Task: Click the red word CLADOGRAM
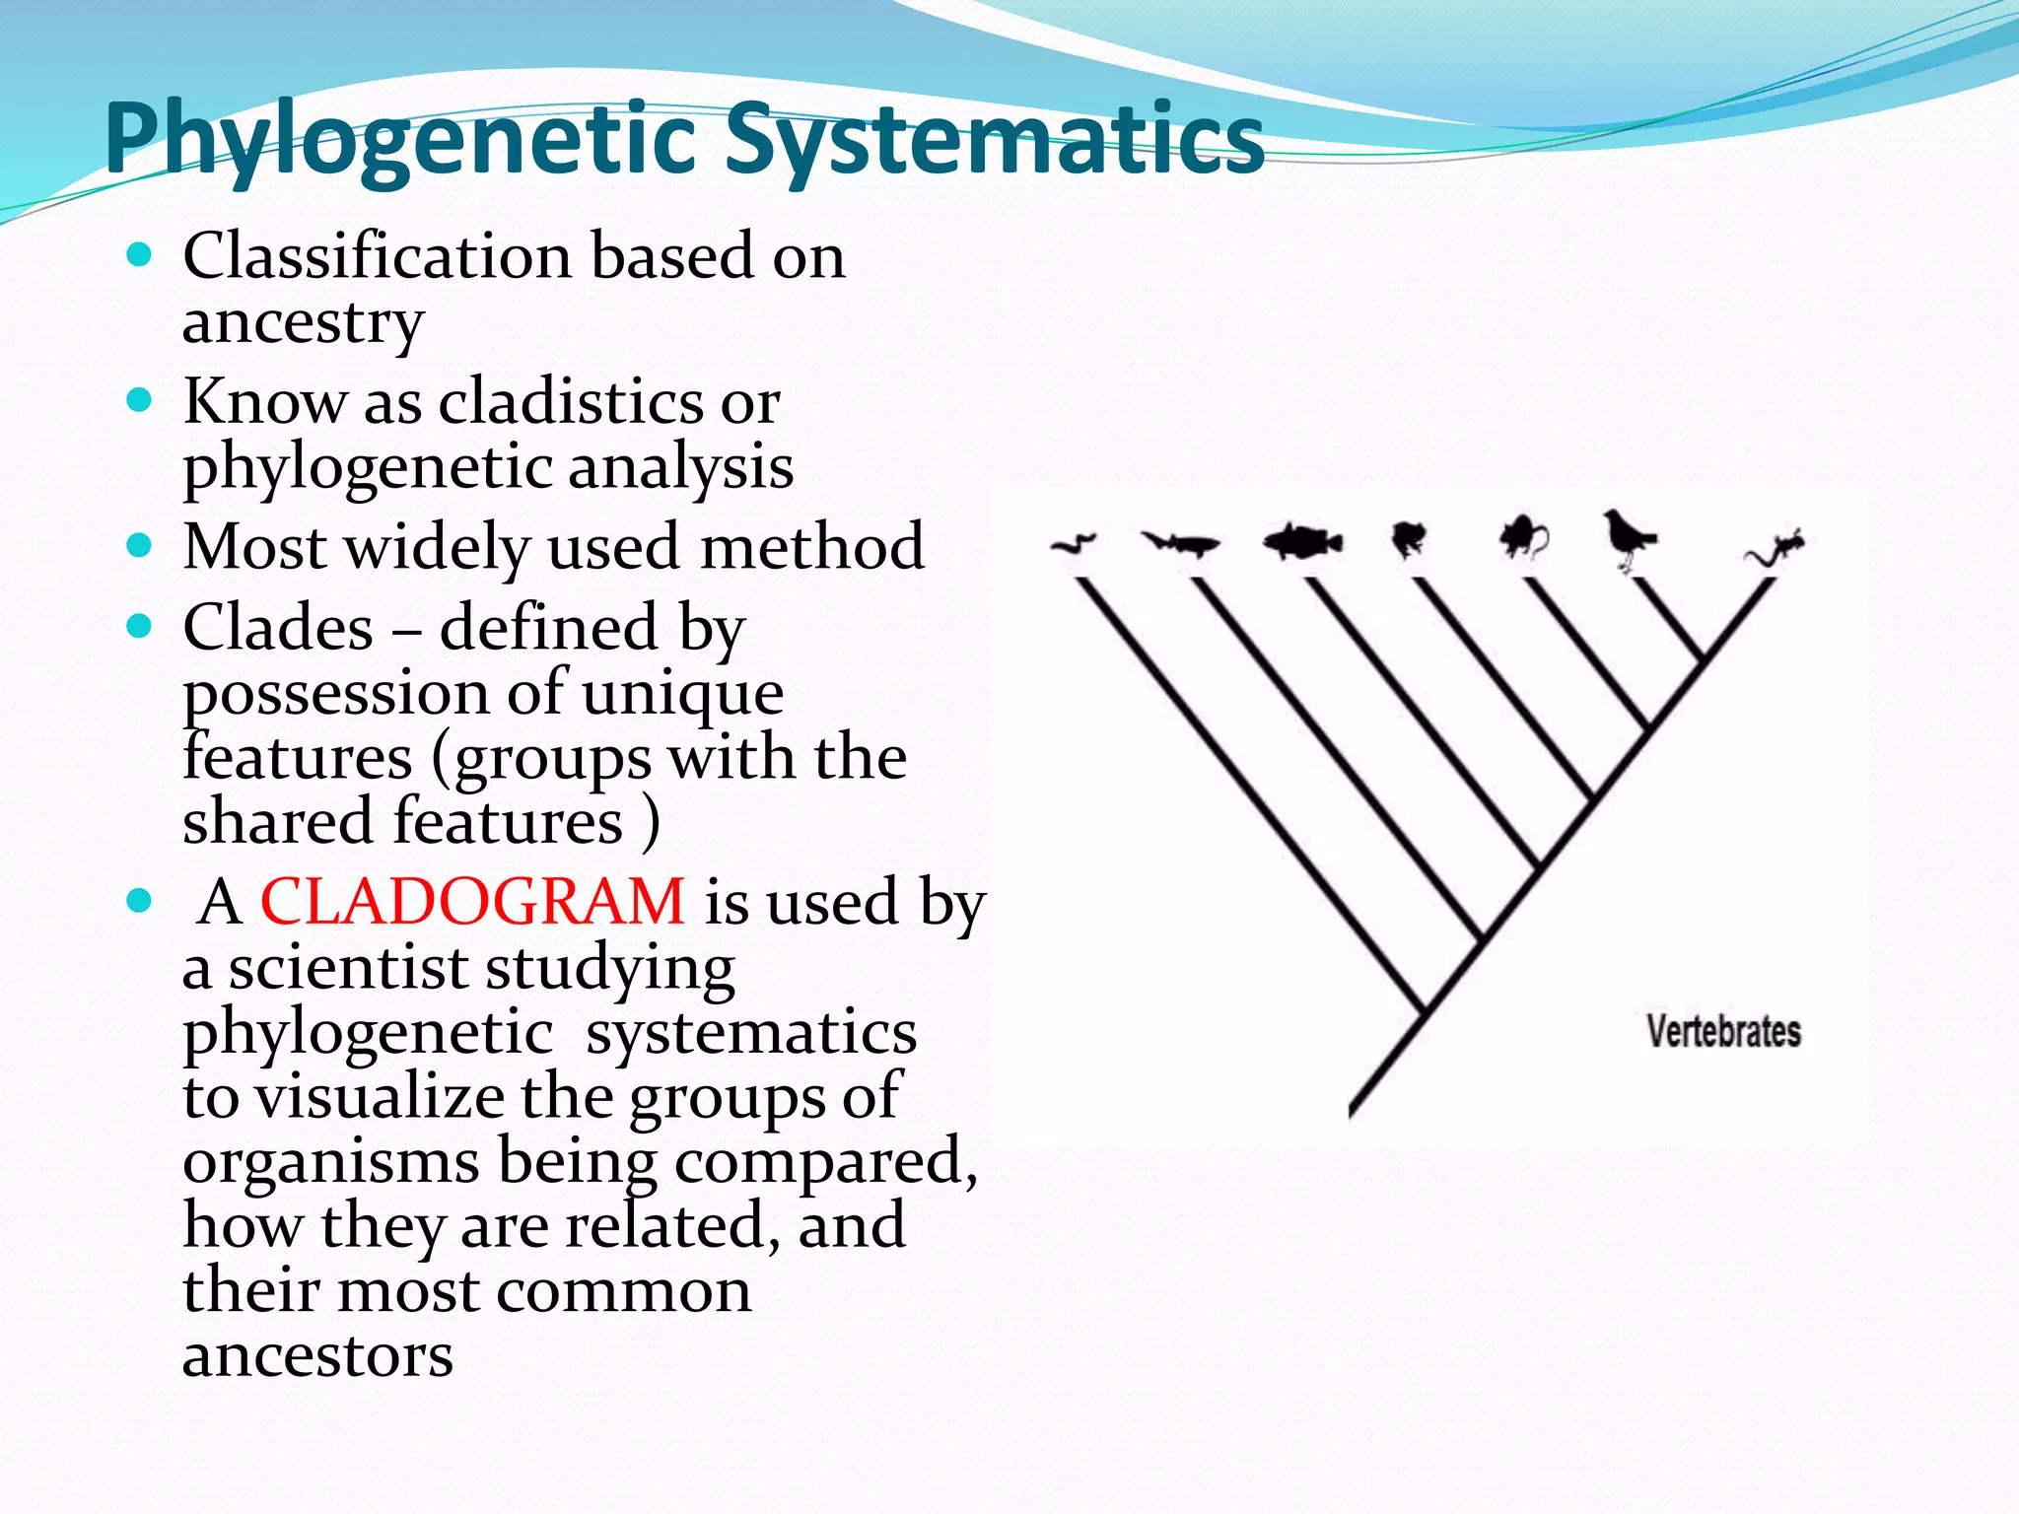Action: pyautogui.click(x=471, y=902)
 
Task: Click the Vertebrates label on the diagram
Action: pyautogui.click(x=1723, y=1032)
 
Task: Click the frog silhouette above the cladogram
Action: pyautogui.click(x=1409, y=538)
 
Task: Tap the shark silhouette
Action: pyautogui.click(x=1180, y=543)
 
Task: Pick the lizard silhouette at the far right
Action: pyautogui.click(x=1775, y=548)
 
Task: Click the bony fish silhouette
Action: pyautogui.click(x=1301, y=541)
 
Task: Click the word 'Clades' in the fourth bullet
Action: pyautogui.click(x=278, y=628)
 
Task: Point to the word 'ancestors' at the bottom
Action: pyautogui.click(x=317, y=1355)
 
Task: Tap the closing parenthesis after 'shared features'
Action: pyautogui.click(x=651, y=822)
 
